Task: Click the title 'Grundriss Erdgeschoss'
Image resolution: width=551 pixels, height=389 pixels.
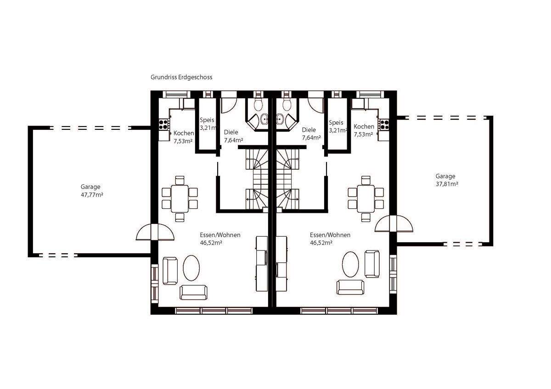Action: [181, 78]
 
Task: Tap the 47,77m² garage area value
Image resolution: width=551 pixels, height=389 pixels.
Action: [92, 195]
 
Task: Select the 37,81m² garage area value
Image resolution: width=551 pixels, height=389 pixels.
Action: [447, 184]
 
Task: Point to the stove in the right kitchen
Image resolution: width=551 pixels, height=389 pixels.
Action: [383, 124]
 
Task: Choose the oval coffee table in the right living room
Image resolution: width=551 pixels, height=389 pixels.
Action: [350, 264]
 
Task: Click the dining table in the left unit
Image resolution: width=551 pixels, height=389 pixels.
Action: [180, 199]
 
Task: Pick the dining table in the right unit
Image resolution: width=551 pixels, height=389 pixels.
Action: [366, 199]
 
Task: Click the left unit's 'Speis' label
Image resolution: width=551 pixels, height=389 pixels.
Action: [207, 120]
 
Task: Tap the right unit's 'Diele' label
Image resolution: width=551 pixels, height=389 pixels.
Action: [309, 130]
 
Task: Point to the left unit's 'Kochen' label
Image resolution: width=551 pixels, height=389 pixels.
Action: [184, 133]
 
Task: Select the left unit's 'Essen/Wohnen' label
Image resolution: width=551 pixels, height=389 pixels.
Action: [220, 235]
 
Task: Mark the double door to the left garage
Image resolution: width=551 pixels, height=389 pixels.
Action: [155, 232]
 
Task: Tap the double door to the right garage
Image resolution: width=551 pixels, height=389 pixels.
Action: [394, 223]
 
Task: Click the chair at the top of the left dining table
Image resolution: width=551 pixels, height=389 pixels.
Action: [180, 180]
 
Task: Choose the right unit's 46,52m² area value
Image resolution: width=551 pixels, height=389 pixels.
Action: [321, 243]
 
